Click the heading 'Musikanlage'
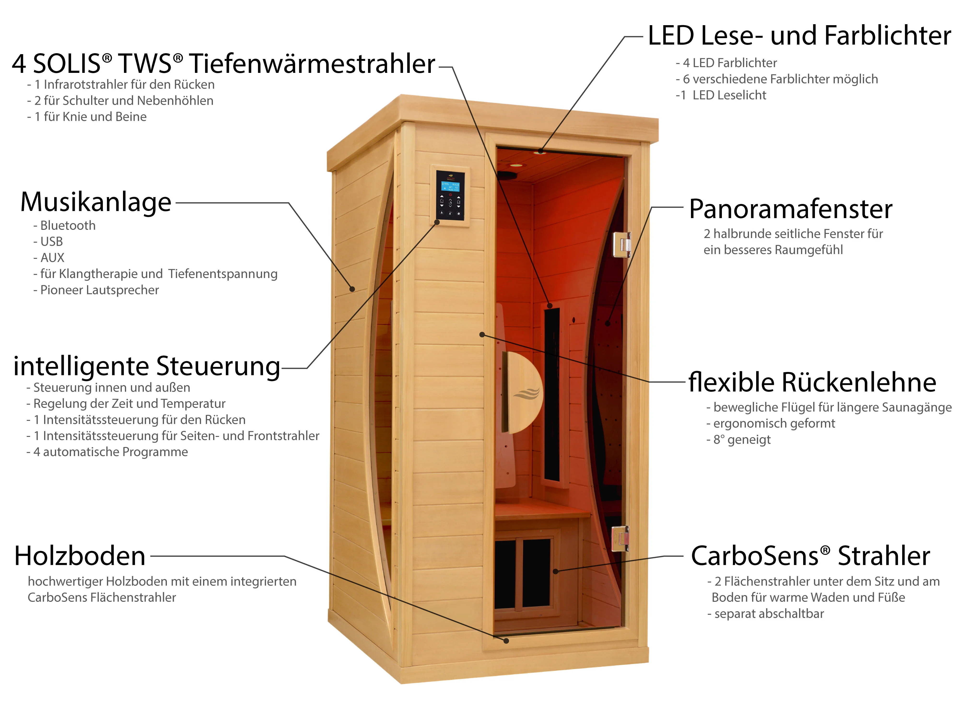96,202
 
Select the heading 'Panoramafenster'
791,209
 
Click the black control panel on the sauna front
450,196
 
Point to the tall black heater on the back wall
552,394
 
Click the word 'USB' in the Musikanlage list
52,241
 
